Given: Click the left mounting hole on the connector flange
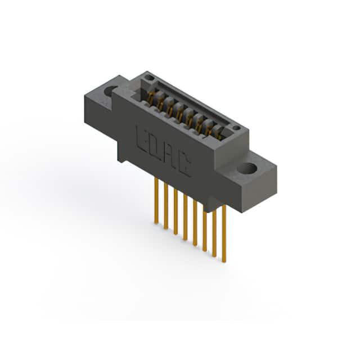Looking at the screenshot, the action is (110, 91).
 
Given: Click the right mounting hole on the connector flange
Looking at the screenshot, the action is (247, 168).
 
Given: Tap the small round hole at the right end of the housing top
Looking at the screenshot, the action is (236, 128).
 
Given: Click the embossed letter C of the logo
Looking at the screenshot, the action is (185, 166).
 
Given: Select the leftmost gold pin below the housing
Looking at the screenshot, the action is (156, 200).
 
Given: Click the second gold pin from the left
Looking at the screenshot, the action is (166, 206).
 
